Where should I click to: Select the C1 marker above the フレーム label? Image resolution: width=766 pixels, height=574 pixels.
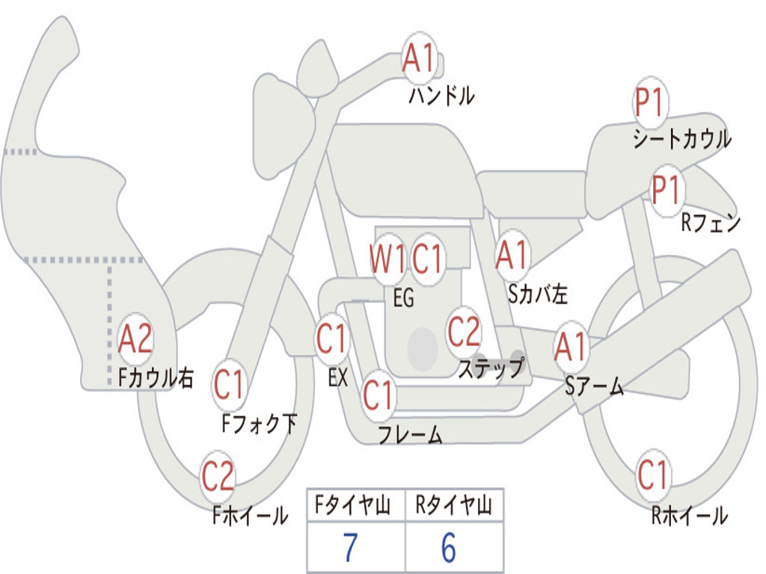click(379, 395)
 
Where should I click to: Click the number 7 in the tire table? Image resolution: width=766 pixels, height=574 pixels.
click(349, 548)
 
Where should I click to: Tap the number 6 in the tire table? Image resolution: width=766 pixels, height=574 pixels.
click(448, 548)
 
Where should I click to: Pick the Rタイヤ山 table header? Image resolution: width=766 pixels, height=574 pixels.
click(453, 507)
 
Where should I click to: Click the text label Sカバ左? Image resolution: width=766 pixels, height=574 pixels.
click(537, 294)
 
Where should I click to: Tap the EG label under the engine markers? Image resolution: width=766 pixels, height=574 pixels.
click(403, 298)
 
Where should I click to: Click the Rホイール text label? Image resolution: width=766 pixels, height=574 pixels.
click(689, 515)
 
